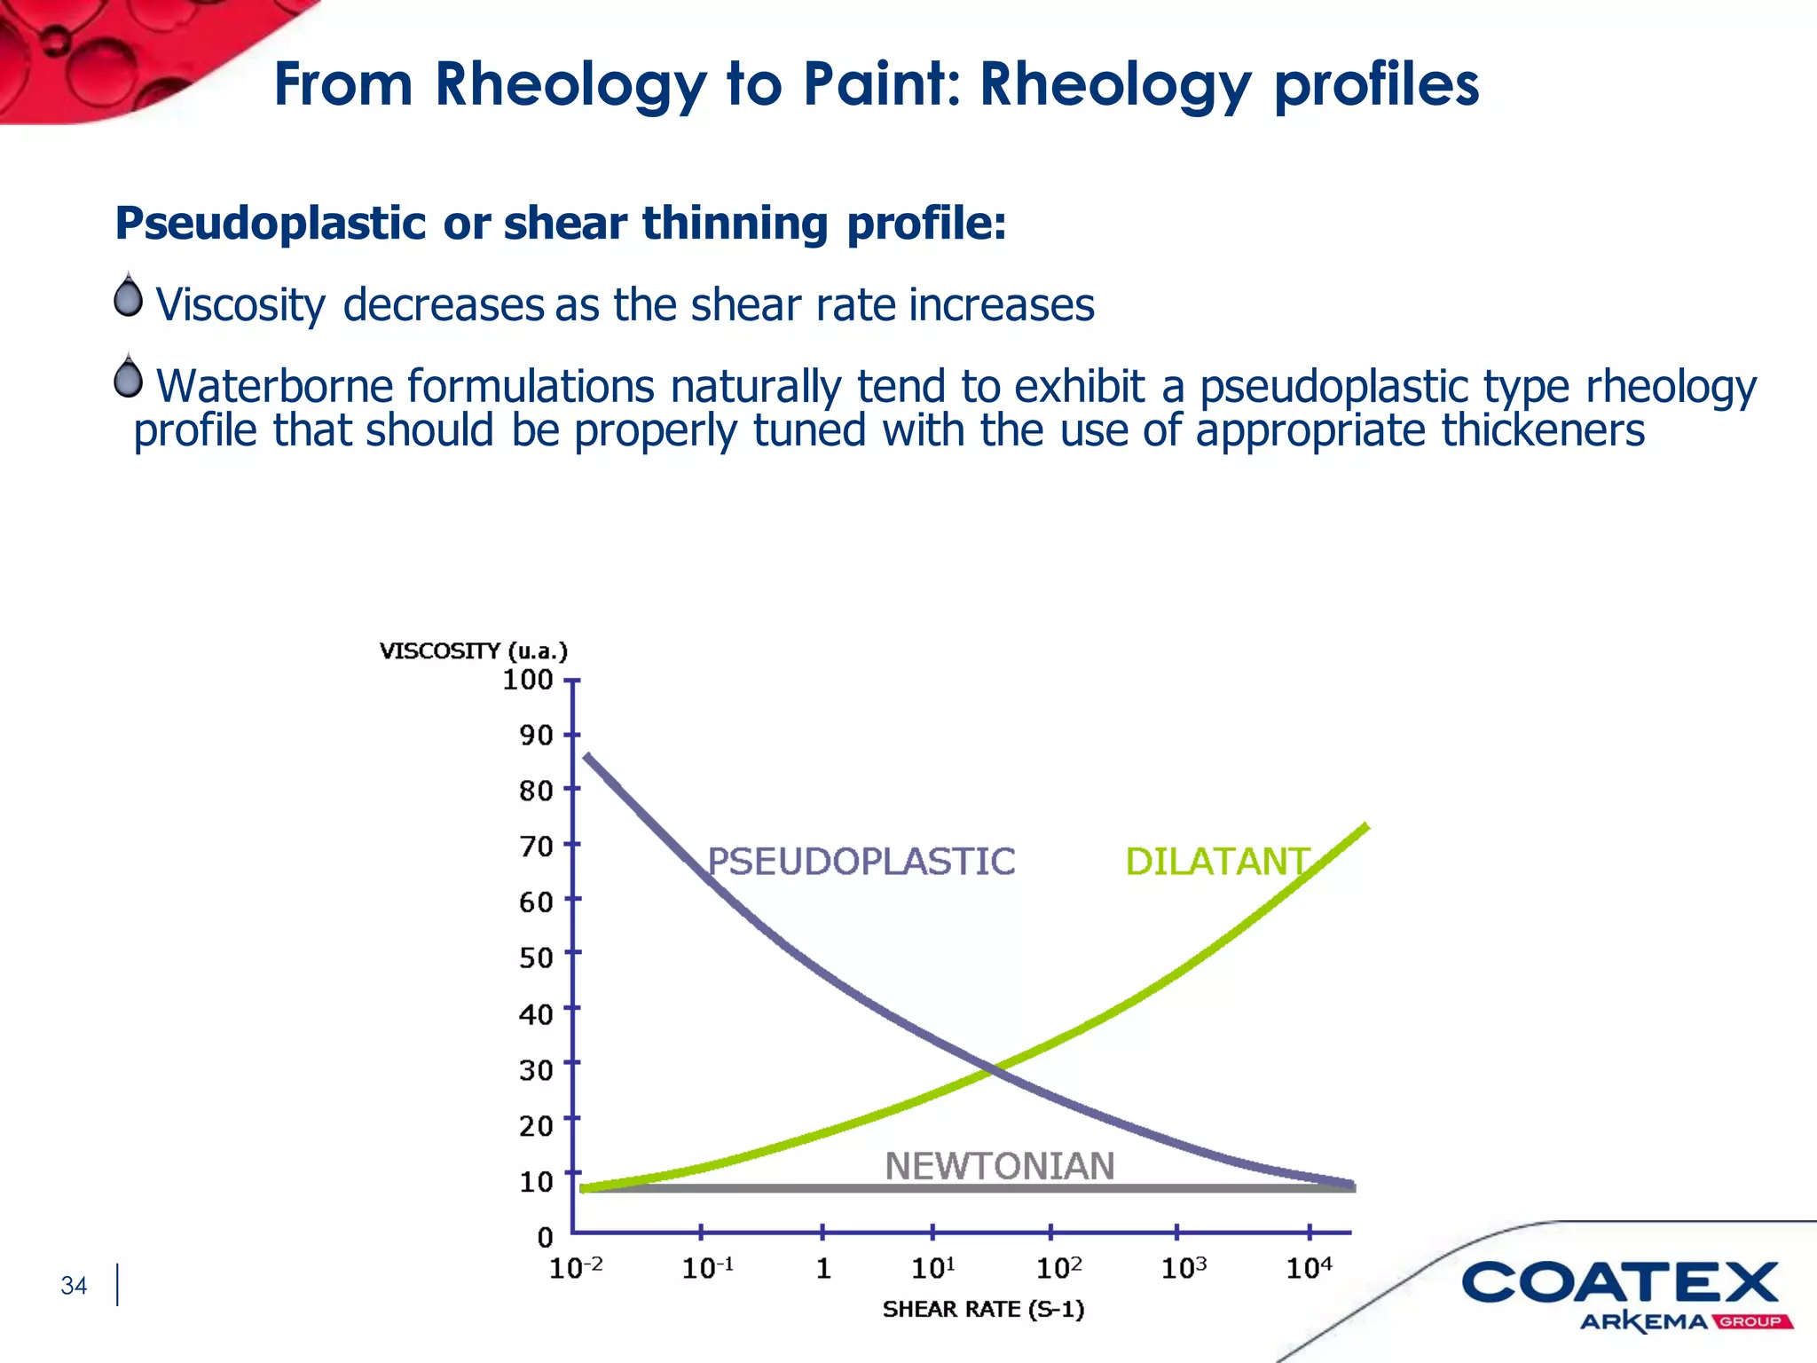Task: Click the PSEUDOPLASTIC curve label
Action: point(861,862)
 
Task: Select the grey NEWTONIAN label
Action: point(999,1166)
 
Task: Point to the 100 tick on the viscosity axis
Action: point(528,680)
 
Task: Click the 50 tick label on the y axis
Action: point(536,957)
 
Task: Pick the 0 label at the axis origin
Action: point(545,1237)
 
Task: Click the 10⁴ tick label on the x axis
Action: point(1309,1269)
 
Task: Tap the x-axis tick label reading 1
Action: point(823,1269)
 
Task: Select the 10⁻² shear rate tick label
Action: point(576,1269)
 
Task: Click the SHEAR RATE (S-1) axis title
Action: point(983,1310)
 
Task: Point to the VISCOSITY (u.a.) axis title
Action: point(473,651)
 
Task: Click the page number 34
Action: point(74,1286)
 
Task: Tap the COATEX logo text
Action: point(1620,1283)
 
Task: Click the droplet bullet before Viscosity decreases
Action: point(129,296)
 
